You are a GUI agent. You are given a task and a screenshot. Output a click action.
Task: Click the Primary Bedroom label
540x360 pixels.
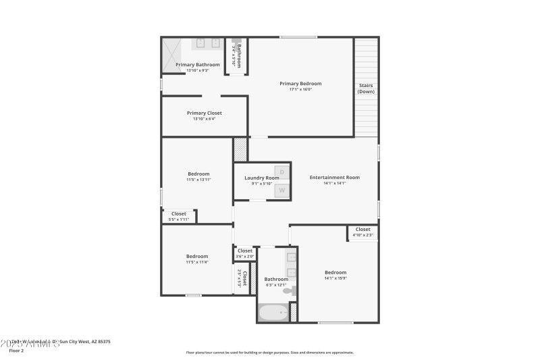(x=300, y=84)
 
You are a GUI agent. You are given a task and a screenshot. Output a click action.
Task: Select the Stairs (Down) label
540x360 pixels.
(x=366, y=88)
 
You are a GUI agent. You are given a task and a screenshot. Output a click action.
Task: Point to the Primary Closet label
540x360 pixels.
(x=204, y=113)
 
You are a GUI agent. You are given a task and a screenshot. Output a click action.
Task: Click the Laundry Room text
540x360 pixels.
(x=261, y=178)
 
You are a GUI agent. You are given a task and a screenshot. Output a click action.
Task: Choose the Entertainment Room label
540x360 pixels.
(x=334, y=178)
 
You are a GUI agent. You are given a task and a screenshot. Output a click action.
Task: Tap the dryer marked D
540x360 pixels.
(x=282, y=172)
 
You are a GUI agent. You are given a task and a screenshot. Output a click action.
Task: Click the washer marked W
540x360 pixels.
(x=282, y=191)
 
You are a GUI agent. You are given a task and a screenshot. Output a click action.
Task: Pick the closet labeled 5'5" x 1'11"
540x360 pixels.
(x=178, y=216)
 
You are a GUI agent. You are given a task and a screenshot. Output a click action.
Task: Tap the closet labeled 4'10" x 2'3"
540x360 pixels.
(x=362, y=232)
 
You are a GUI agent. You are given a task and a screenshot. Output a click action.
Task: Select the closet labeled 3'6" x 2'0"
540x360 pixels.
(x=244, y=253)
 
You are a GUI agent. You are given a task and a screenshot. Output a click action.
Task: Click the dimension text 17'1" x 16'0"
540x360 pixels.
(x=300, y=90)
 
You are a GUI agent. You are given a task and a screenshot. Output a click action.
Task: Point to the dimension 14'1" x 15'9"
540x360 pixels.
(x=335, y=278)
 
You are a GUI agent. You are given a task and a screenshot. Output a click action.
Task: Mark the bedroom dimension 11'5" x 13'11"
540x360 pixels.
(x=198, y=180)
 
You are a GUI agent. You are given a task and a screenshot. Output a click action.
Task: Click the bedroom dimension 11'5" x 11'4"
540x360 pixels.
(x=197, y=262)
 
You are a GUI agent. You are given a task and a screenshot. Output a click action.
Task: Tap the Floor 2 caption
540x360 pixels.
(x=16, y=351)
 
